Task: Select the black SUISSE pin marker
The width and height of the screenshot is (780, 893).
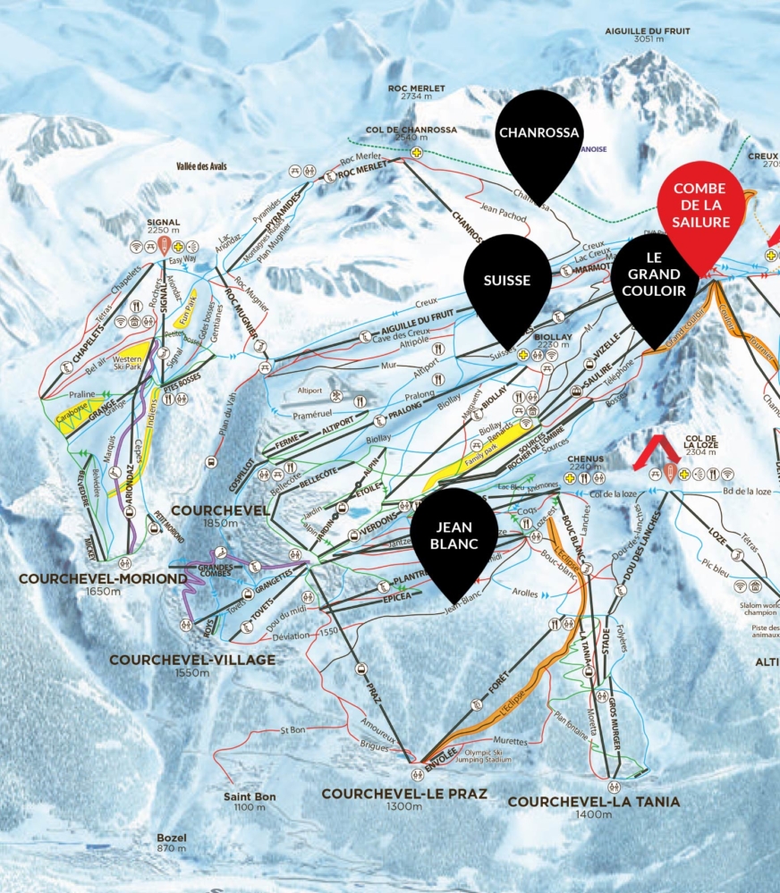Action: pyautogui.click(x=507, y=280)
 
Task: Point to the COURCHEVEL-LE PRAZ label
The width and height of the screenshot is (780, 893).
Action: pyautogui.click(x=404, y=794)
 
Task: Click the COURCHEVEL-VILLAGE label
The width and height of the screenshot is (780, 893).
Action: pyautogui.click(x=192, y=660)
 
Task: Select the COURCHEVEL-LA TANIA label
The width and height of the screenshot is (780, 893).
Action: pyautogui.click(x=594, y=802)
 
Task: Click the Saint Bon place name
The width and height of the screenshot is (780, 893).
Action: pyautogui.click(x=250, y=796)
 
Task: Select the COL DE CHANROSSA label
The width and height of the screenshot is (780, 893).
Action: pyautogui.click(x=411, y=130)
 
